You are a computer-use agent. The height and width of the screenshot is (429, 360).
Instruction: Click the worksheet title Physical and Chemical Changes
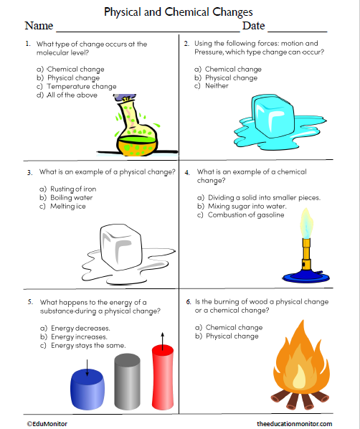click(x=179, y=12)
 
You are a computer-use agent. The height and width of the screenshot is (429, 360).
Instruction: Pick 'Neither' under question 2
click(x=217, y=85)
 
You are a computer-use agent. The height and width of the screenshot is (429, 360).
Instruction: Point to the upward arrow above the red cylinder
click(x=162, y=338)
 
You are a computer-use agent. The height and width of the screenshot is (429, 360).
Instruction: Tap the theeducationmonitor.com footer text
click(x=293, y=423)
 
